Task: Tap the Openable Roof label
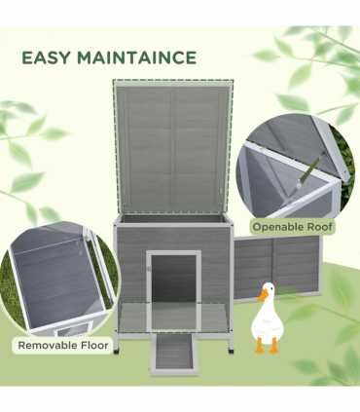coord(293,227)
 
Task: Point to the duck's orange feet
coord(266,347)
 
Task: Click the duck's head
coord(266,290)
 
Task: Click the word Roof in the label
coord(317,227)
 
